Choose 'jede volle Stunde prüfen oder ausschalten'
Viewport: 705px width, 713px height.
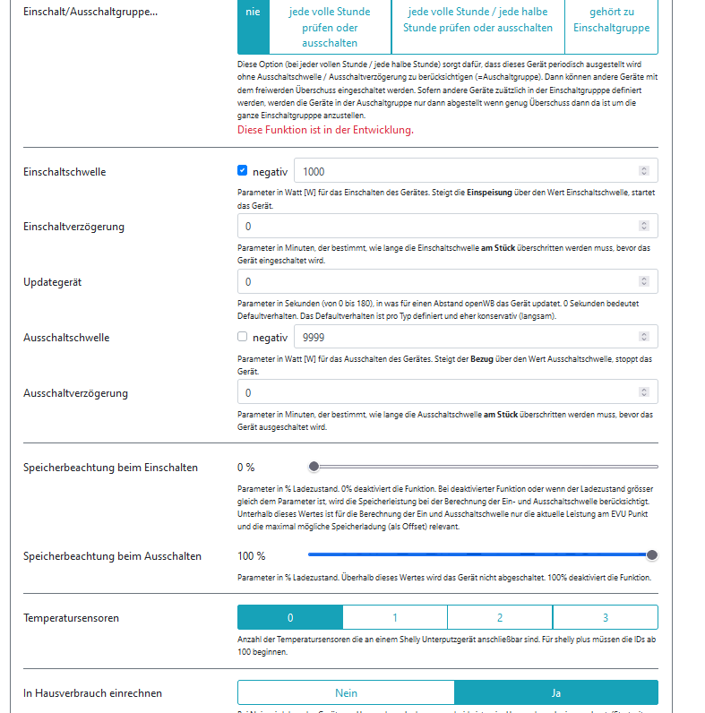(x=329, y=28)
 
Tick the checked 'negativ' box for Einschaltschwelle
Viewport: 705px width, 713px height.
(x=243, y=170)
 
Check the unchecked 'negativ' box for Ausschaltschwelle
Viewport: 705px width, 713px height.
(x=243, y=337)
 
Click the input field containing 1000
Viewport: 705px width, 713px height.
(x=466, y=170)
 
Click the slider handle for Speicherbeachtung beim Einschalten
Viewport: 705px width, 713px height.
(x=314, y=467)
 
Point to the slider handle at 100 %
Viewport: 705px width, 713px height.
(x=652, y=555)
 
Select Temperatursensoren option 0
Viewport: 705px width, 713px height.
(x=290, y=617)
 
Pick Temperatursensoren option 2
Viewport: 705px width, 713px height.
(x=500, y=617)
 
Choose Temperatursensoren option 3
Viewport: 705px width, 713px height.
(x=606, y=617)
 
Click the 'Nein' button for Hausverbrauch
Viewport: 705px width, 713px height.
(x=346, y=692)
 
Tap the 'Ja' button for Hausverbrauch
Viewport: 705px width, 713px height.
(x=556, y=692)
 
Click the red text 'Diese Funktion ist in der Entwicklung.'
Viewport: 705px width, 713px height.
(x=325, y=130)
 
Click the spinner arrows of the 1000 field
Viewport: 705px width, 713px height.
(x=644, y=170)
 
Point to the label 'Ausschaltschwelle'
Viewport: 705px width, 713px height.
(x=66, y=338)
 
